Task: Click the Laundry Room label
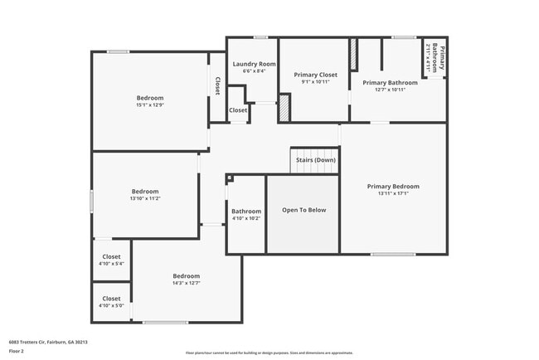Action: coord(254,64)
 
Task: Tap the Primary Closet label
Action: coord(316,75)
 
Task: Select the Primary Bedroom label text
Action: coord(393,186)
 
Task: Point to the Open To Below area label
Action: coord(303,210)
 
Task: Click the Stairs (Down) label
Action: coord(315,160)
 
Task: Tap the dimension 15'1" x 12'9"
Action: coord(150,105)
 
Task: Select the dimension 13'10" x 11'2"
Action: coord(145,198)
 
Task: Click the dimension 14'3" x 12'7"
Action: coord(186,283)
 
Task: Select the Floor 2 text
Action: coord(17,351)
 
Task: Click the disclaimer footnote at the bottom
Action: coord(269,353)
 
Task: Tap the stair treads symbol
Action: coord(313,154)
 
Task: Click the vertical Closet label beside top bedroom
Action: coord(217,85)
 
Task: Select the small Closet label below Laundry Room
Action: coord(238,109)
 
